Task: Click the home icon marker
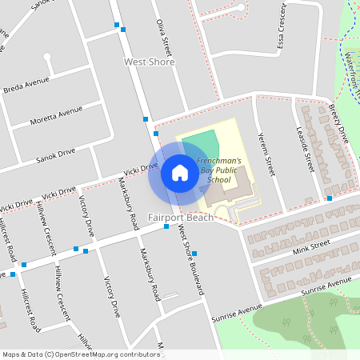coord(180,172)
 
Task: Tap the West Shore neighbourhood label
coord(150,62)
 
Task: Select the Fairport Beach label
coord(181,218)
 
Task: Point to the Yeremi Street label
coord(269,155)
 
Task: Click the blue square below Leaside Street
coord(330,198)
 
